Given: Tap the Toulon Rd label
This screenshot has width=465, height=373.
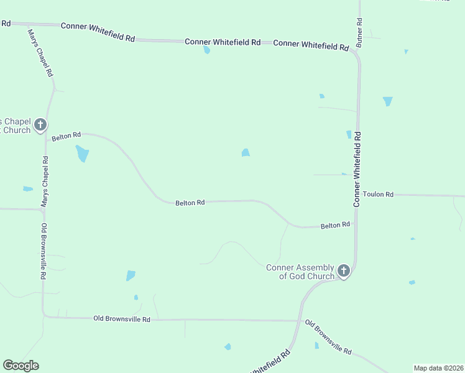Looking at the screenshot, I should coord(379,195).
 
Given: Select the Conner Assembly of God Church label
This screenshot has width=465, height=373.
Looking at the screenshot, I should coord(300,272).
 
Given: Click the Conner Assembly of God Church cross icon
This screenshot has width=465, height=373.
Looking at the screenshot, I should coord(344,271).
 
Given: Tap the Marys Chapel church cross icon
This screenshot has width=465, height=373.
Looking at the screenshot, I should coord(40,125).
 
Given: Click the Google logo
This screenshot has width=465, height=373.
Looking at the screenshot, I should coord(21,366).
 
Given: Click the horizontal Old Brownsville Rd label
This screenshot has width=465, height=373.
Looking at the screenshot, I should coord(122,319).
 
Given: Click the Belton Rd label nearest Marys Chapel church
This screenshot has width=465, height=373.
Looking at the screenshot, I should coord(67,135).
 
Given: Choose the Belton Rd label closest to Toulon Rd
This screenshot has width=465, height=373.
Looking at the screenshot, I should coord(335,225).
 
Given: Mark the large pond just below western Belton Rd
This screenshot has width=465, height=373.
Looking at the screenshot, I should coord(82,153).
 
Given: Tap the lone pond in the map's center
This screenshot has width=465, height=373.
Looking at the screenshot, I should coord(246,153).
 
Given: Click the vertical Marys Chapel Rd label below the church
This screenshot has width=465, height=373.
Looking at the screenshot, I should coord(45,182).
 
